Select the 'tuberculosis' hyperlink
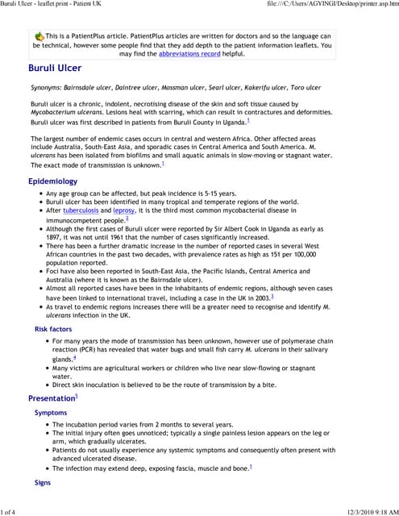click(85, 210)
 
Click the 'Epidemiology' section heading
click(53, 181)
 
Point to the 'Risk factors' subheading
click(53, 330)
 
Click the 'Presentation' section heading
click(52, 398)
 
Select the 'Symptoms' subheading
click(51, 412)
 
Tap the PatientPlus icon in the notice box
click(39, 37)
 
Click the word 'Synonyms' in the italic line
click(48, 87)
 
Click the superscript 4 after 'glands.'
click(75, 357)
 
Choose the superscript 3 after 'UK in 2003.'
click(272, 297)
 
